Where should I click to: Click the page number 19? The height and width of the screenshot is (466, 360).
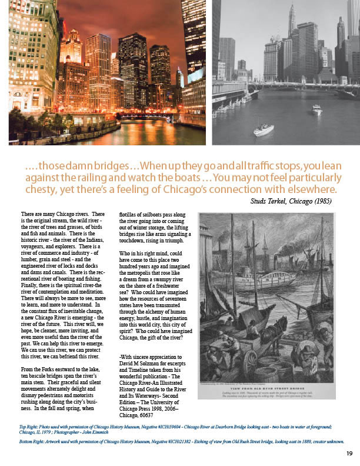coord(349,453)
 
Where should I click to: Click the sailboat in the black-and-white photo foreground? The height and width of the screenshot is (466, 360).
coord(263,130)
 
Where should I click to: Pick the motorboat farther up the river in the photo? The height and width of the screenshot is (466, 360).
coord(316,109)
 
